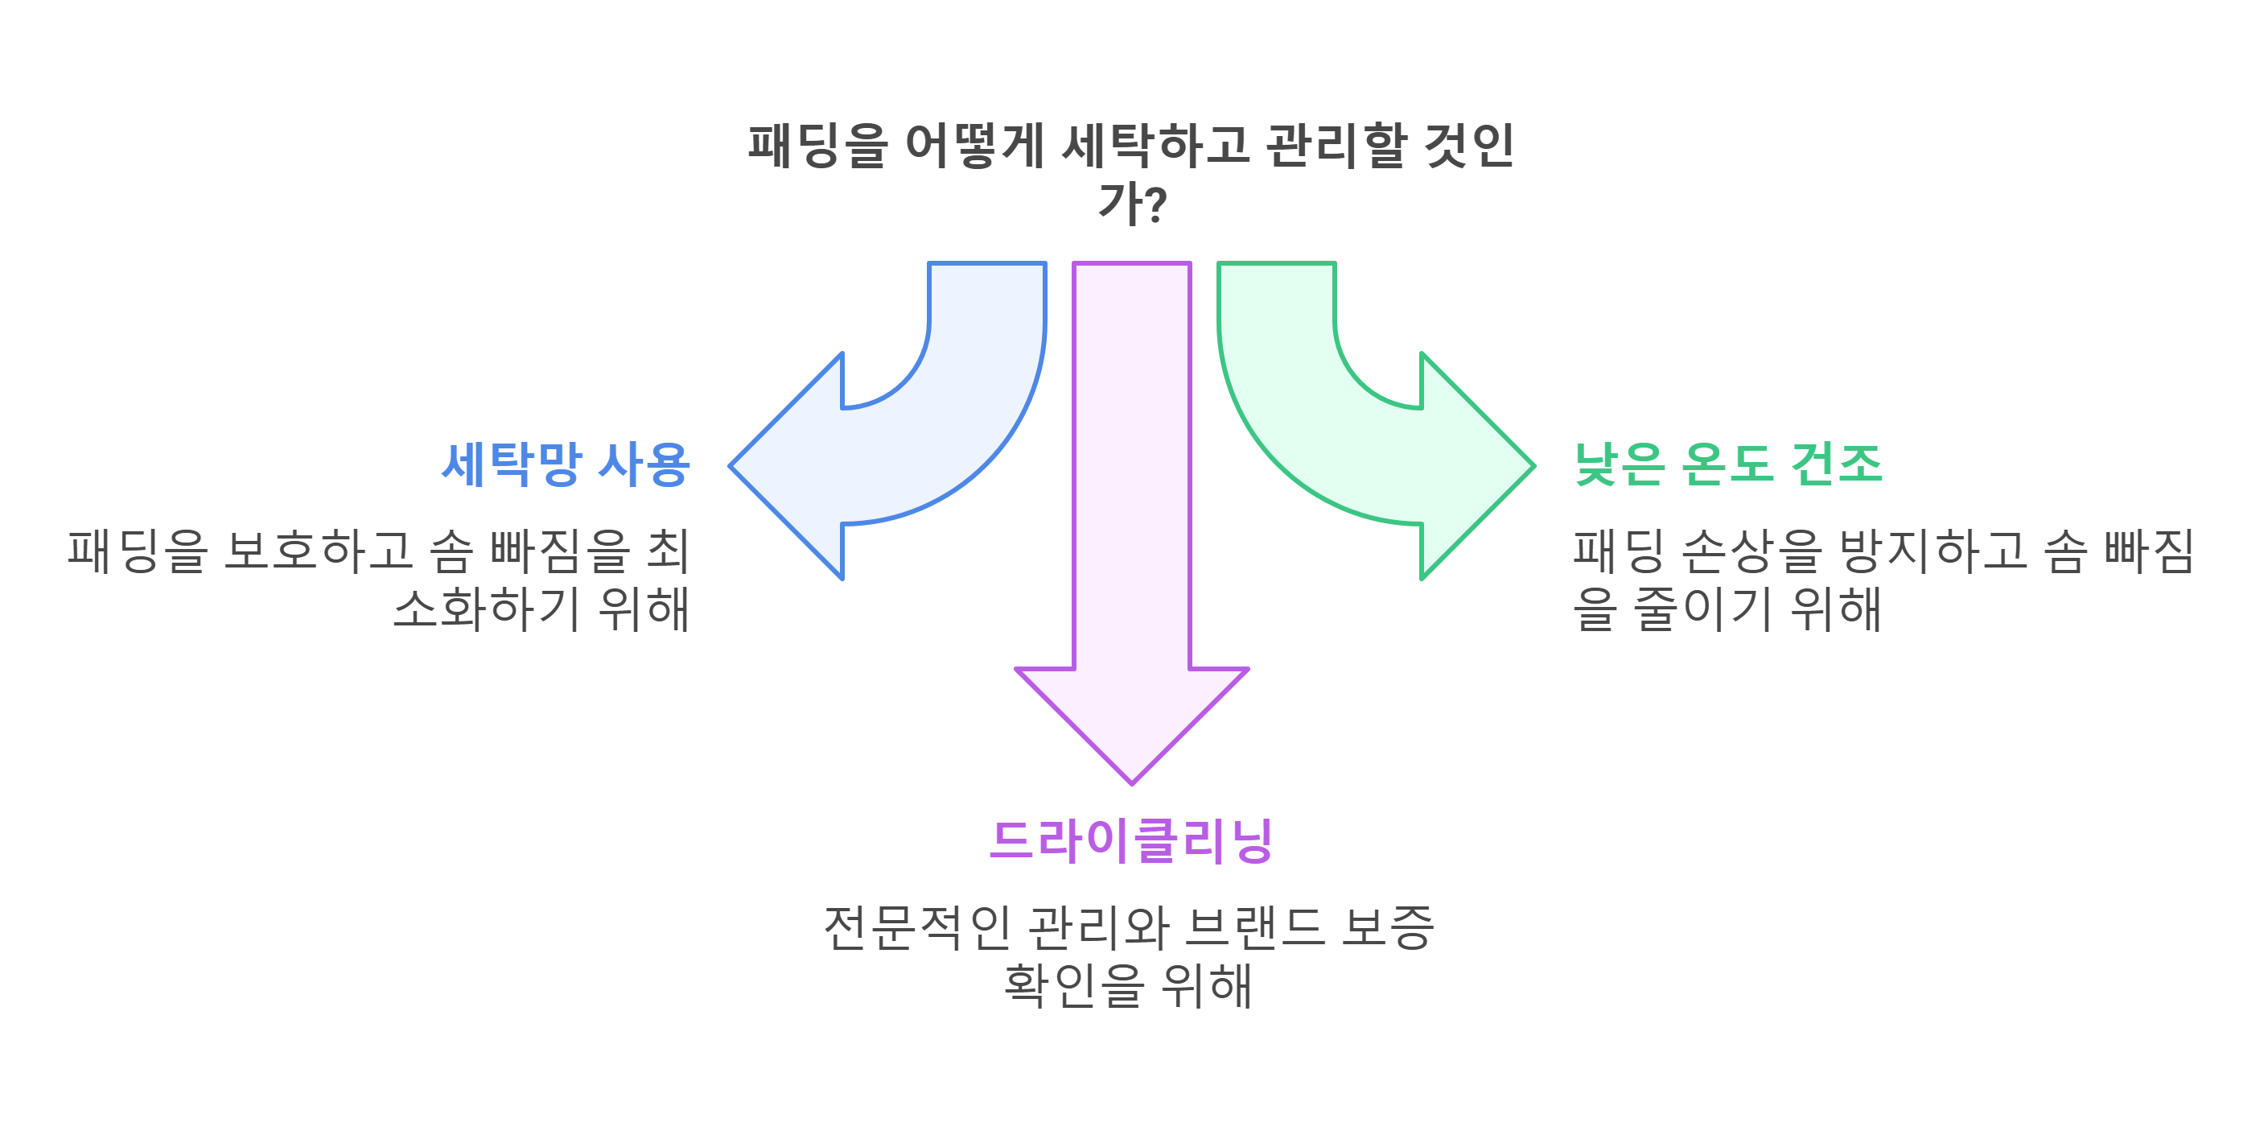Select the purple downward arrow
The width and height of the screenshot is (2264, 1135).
point(1132,527)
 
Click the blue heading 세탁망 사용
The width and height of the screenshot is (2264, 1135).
point(565,464)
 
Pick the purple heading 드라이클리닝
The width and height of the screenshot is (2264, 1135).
point(1131,840)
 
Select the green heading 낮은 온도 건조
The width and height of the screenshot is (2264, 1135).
point(1728,464)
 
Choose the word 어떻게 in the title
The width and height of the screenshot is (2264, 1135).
point(974,146)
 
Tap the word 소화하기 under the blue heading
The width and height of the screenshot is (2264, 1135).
point(486,609)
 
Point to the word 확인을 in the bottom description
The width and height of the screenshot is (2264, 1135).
point(1074,985)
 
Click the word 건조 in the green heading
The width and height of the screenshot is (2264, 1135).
point(1837,464)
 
